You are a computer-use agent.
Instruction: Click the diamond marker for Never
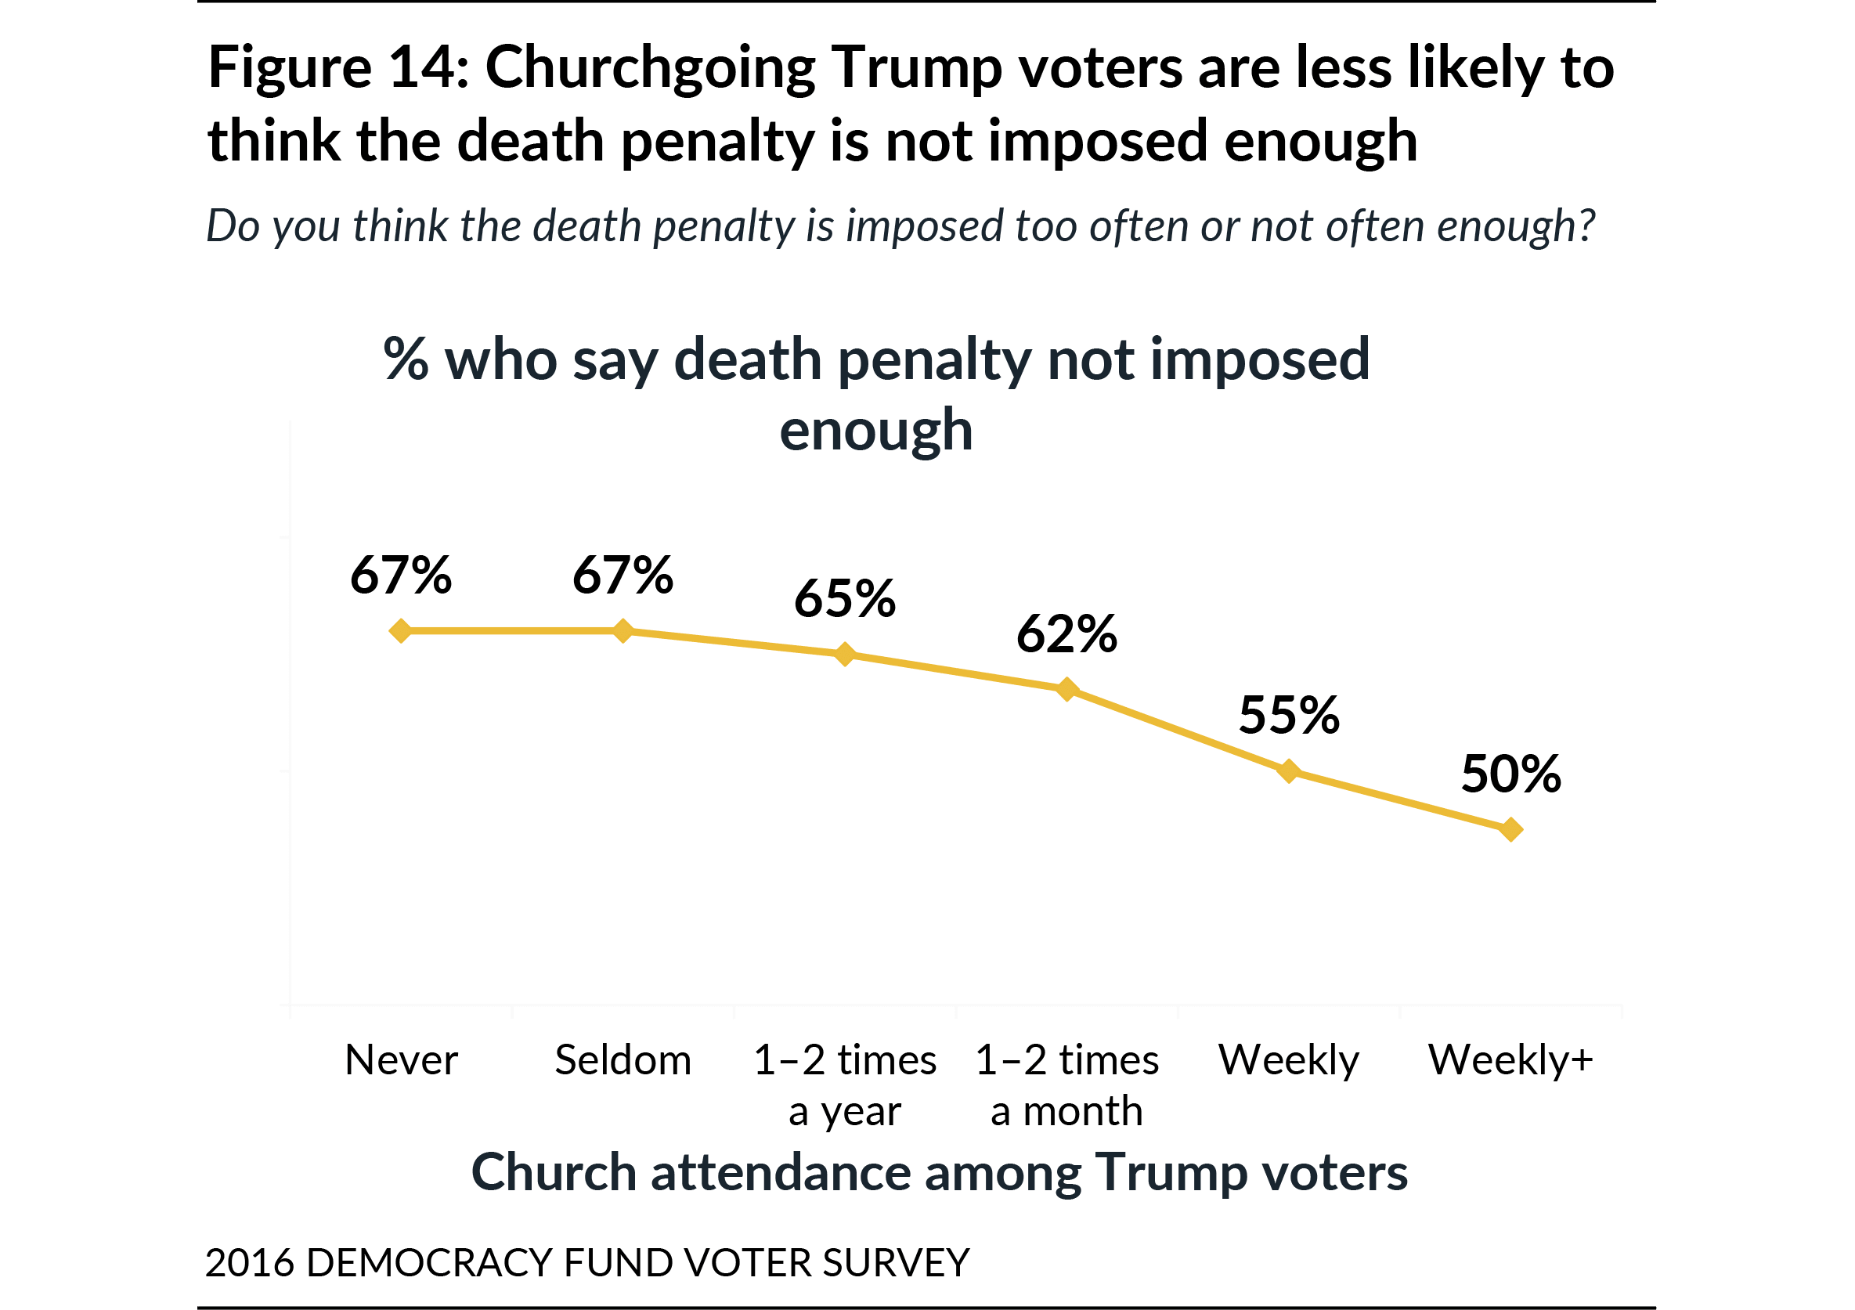(401, 630)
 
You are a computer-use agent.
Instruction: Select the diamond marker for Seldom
(623, 630)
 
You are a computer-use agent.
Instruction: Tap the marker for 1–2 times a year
(844, 654)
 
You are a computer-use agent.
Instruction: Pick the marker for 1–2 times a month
(1067, 688)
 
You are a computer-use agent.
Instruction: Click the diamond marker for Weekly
(1289, 771)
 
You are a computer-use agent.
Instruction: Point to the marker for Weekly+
(1510, 829)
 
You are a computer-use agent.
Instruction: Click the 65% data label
(844, 599)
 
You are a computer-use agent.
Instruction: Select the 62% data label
(1066, 633)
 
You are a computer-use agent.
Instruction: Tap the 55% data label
(1289, 715)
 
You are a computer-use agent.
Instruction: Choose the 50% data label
(1510, 774)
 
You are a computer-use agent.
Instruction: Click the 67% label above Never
(401, 576)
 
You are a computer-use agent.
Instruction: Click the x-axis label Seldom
(623, 1059)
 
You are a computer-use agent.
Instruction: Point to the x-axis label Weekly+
(1510, 1059)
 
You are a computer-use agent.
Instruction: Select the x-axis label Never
(401, 1059)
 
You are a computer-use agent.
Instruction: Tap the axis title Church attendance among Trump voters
(939, 1173)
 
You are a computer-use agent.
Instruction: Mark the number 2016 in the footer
(250, 1262)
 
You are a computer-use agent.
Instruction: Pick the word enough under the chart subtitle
(875, 431)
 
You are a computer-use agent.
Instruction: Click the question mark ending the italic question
(1586, 225)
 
